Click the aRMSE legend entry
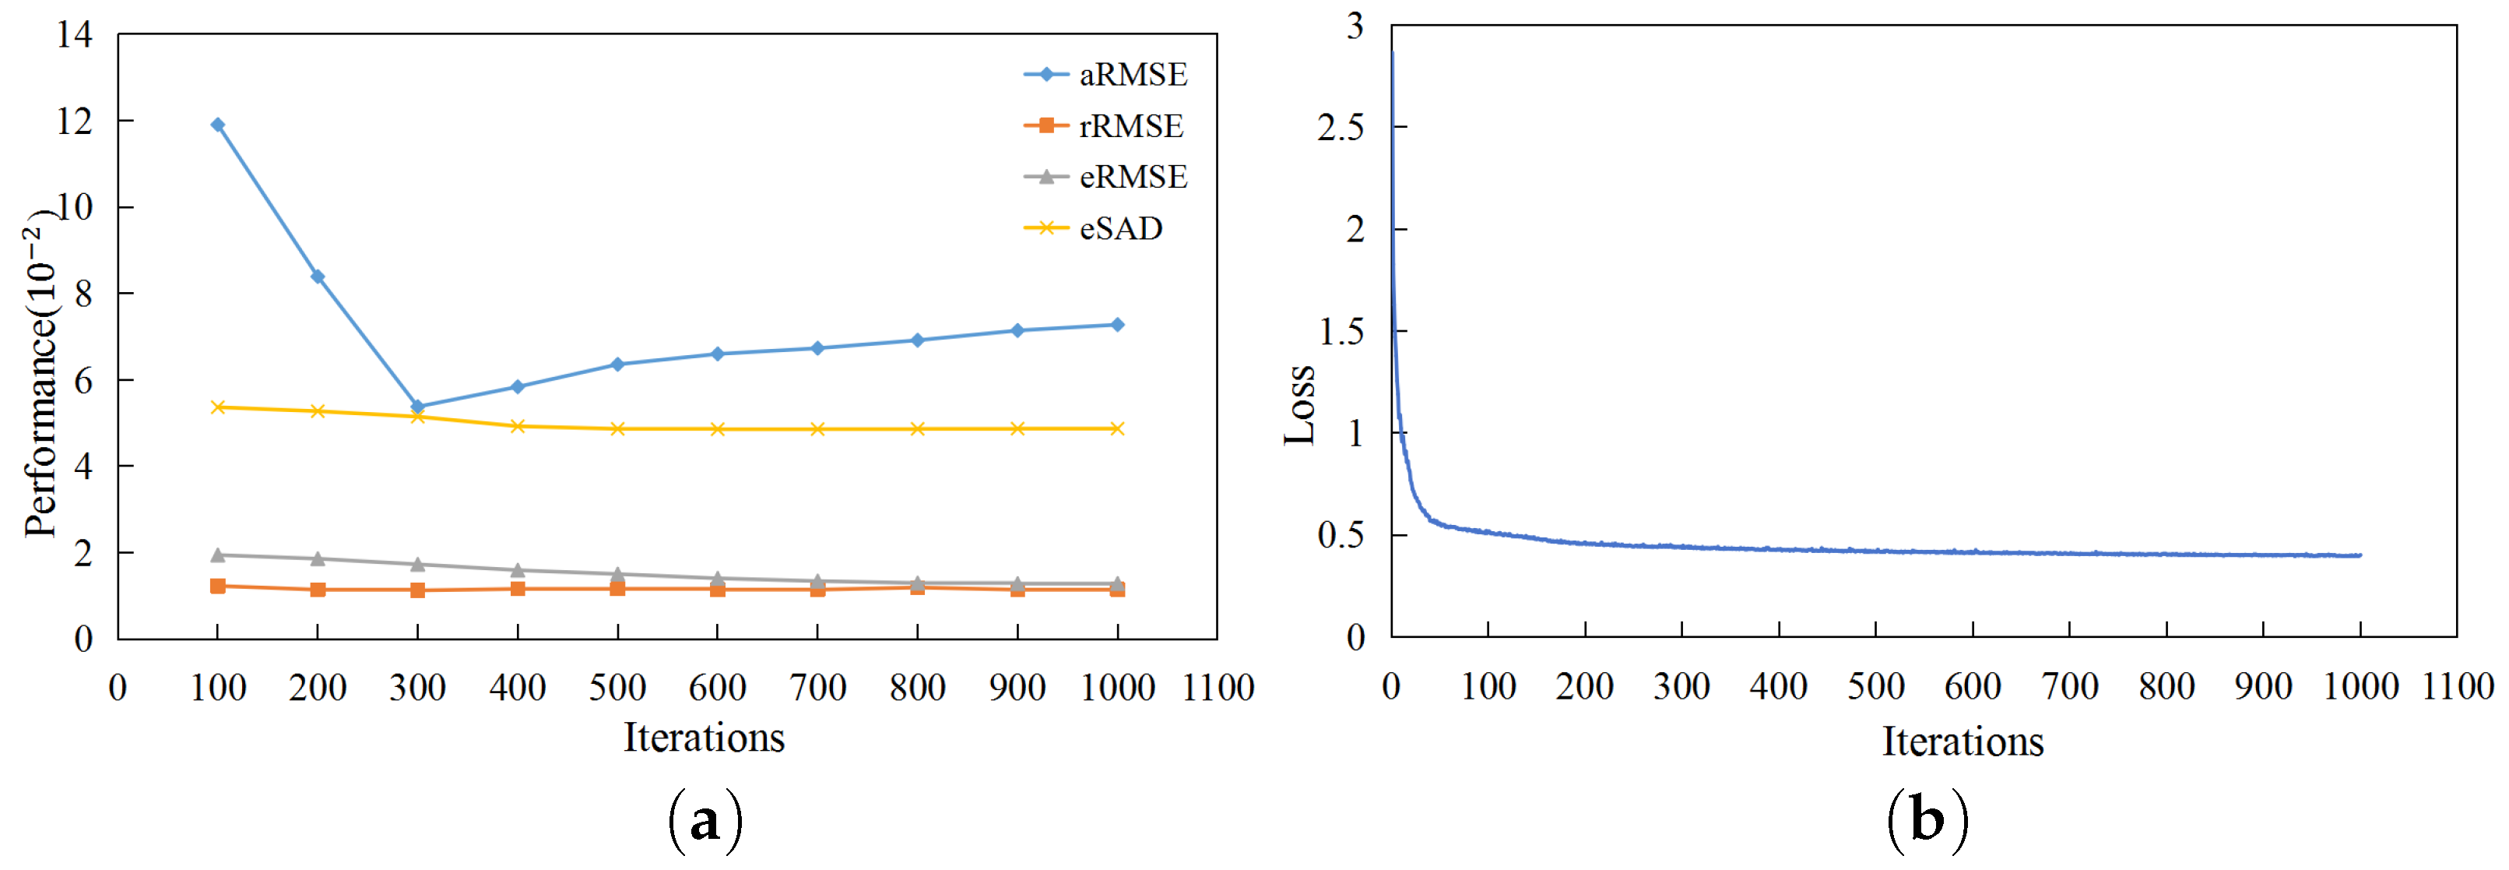[1106, 75]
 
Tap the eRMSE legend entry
[1106, 178]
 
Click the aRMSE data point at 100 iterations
[218, 125]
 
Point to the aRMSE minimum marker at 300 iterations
[418, 407]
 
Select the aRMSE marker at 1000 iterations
[1117, 326]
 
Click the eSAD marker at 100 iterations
[218, 407]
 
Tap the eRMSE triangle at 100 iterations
[218, 555]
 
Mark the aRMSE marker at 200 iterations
[318, 276]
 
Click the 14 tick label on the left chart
[75, 35]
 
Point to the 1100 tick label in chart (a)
[1218, 689]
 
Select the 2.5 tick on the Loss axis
[1341, 128]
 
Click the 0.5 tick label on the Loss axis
[1341, 536]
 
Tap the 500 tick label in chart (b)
[1876, 688]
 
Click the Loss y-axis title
[1300, 405]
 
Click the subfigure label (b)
[1927, 821]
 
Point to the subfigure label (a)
[705, 821]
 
